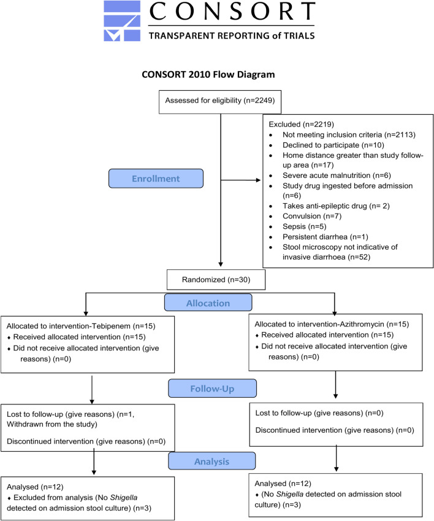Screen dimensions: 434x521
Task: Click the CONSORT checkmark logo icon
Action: pos(122,21)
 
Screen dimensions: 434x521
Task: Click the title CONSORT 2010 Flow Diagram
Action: pos(208,74)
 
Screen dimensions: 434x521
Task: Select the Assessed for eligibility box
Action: pos(220,102)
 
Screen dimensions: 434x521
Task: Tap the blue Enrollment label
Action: pos(156,179)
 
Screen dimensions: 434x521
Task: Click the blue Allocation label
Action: pos(208,303)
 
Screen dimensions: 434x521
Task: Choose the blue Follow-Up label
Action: pos(212,388)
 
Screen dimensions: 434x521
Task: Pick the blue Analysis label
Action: pos(211,461)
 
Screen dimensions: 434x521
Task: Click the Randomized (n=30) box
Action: pos(216,280)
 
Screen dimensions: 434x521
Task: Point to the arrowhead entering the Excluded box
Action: pos(259,180)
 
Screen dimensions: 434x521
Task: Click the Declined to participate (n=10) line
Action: pos(333,145)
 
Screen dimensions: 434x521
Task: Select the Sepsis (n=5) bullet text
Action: pos(304,226)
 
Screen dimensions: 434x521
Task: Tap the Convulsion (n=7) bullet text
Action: pos(312,216)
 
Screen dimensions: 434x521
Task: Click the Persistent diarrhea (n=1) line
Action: pos(325,237)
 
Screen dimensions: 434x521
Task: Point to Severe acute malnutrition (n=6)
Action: pos(337,176)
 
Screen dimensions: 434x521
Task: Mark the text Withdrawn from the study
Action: pos(51,424)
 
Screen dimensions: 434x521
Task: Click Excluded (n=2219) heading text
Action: pos(301,125)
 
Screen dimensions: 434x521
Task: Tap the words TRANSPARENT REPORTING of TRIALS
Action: pos(232,36)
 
